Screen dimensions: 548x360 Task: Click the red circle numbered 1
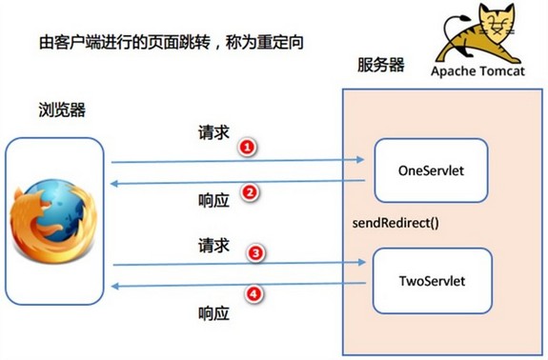click(x=248, y=147)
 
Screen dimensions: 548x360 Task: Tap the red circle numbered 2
click(x=250, y=192)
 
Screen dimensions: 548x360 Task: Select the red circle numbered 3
click(x=255, y=253)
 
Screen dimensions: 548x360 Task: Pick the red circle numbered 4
click(x=254, y=294)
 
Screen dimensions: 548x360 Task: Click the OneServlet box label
click(x=431, y=170)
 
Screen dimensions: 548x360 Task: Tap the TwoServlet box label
click(x=433, y=281)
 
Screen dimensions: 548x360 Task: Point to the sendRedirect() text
click(x=396, y=223)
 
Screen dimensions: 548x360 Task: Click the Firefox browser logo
click(x=52, y=220)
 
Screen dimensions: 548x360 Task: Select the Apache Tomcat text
click(x=477, y=70)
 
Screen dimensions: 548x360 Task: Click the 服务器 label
click(x=380, y=65)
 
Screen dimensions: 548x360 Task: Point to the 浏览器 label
click(x=62, y=110)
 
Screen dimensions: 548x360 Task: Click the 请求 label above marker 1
click(x=213, y=132)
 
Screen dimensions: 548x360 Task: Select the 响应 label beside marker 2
click(x=213, y=200)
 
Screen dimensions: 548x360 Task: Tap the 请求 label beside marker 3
click(x=213, y=245)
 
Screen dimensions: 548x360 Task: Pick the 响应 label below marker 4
click(x=213, y=313)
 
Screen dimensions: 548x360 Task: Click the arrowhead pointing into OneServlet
click(x=360, y=160)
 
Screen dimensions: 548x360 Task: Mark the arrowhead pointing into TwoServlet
click(x=362, y=262)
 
